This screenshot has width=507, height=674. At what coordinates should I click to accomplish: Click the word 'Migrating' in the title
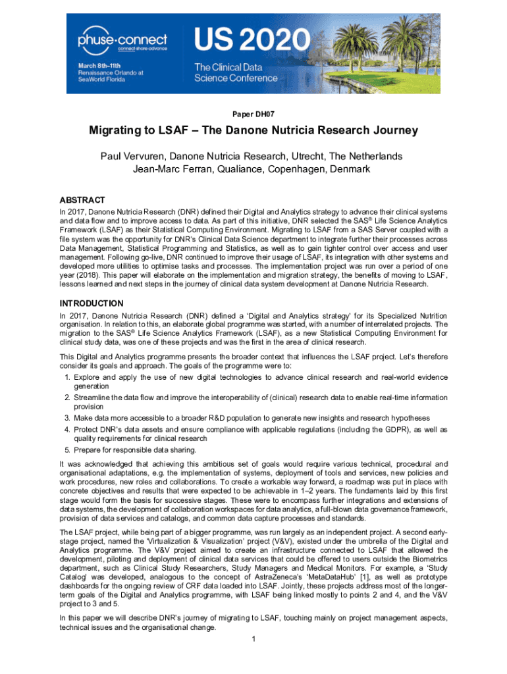[x=122, y=130]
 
